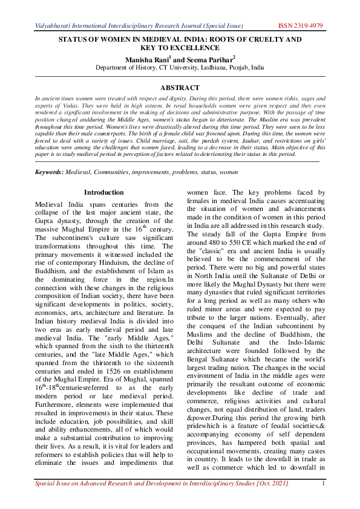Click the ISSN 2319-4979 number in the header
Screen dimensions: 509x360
tap(301, 26)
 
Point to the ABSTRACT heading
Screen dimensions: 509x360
tap(179, 88)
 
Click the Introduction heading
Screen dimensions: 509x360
tap(103, 192)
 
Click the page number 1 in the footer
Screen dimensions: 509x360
tap(324, 500)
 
